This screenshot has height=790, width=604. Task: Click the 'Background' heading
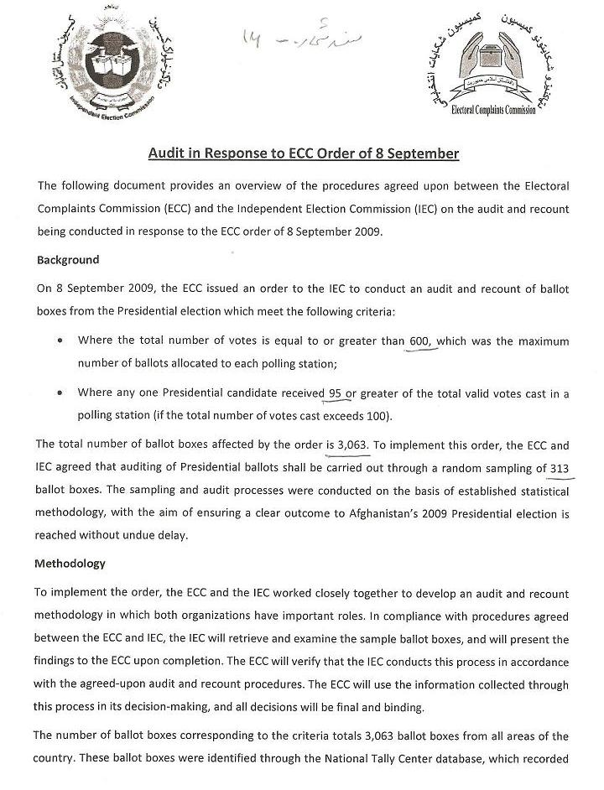tap(68, 259)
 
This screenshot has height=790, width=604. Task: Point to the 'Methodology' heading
tap(70, 564)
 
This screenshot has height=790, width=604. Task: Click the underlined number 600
tap(424, 341)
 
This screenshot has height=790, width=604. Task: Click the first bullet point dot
tap(58, 341)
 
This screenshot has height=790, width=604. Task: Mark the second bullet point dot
tap(58, 392)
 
